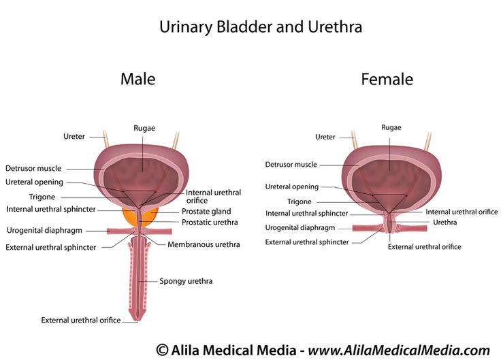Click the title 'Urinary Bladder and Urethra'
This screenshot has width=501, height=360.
click(261, 27)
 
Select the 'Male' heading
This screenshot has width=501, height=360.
click(138, 79)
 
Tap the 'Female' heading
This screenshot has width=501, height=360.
click(387, 79)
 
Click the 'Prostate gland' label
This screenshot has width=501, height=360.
click(206, 212)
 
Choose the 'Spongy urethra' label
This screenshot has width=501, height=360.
click(186, 281)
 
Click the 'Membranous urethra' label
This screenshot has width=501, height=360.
click(204, 244)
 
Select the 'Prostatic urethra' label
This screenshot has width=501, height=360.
click(210, 223)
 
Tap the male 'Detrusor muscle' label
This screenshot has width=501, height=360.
click(33, 168)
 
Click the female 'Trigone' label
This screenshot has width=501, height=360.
click(299, 201)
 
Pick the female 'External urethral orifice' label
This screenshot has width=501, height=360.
click(424, 246)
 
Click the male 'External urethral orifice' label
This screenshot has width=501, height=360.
click(81, 320)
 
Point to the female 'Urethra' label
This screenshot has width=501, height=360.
click(445, 223)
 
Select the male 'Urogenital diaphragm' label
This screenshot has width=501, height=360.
click(44, 230)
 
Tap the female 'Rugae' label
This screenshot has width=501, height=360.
click(391, 128)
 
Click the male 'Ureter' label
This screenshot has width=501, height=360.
click(74, 136)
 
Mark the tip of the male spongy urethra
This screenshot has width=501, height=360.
click(138, 321)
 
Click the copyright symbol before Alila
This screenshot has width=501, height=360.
click(162, 350)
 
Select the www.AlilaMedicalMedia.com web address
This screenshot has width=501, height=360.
click(399, 350)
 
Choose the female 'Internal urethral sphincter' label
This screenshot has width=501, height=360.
click(307, 214)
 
